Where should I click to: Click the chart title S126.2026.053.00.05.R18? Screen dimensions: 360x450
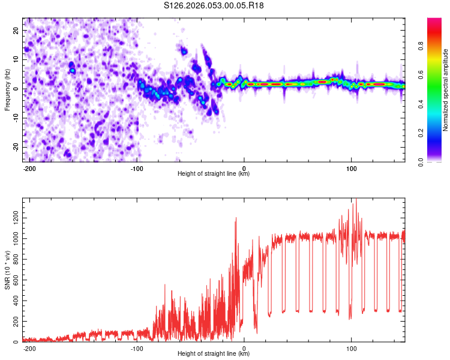(214, 6)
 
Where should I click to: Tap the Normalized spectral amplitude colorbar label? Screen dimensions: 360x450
(445, 90)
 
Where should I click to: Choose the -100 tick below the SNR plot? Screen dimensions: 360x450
(137, 348)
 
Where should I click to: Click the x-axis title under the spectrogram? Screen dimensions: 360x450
(214, 174)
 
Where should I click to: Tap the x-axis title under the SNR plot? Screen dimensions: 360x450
(214, 354)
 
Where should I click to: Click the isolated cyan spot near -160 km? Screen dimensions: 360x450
(73, 70)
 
